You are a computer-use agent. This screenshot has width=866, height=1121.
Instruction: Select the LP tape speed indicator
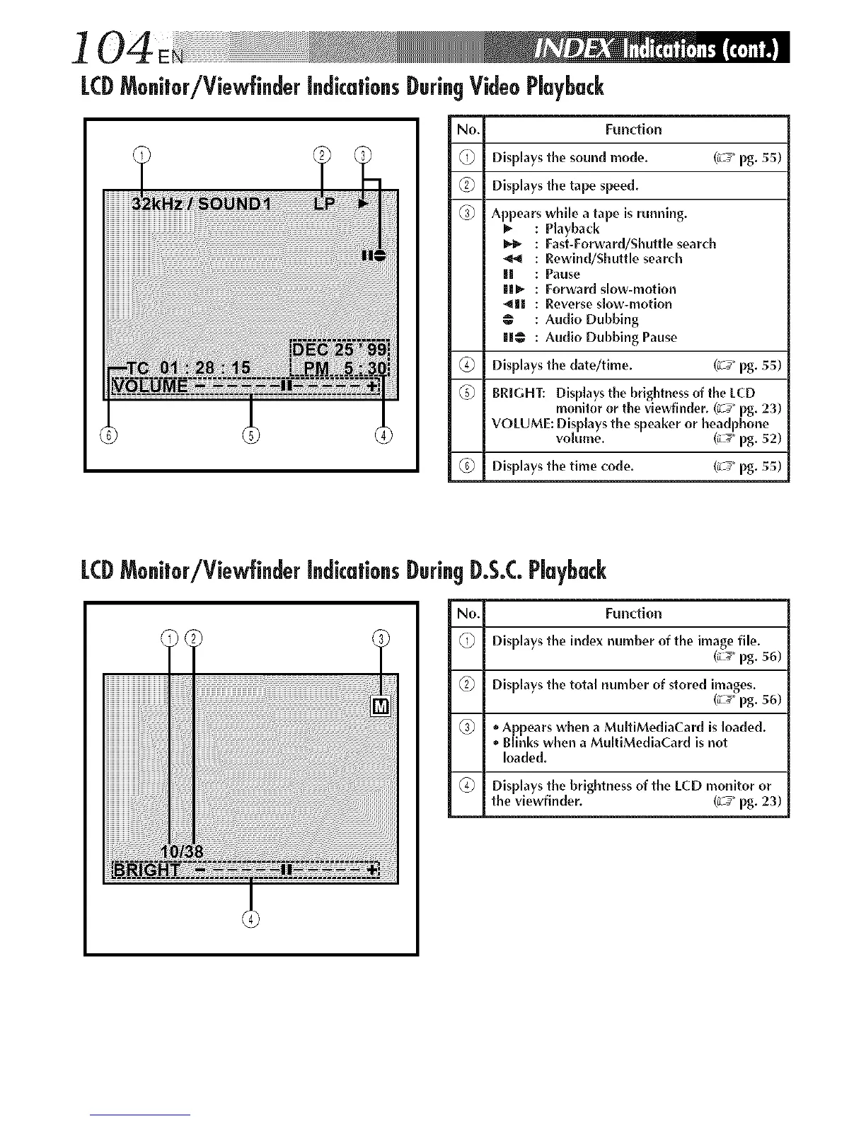click(x=325, y=205)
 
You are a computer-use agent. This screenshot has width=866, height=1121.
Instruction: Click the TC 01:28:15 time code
click(x=187, y=368)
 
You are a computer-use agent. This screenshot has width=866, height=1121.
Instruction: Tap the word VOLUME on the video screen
click(x=151, y=386)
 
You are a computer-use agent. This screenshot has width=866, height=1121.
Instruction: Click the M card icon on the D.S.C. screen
click(x=381, y=706)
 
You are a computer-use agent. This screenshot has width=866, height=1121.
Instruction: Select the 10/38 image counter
click(x=183, y=851)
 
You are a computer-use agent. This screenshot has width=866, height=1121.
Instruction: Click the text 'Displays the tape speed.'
click(x=565, y=185)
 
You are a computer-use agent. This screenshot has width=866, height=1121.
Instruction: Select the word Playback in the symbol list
click(x=572, y=229)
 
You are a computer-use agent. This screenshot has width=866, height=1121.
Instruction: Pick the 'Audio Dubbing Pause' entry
click(x=611, y=337)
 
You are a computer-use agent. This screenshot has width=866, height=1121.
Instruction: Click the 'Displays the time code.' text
click(x=562, y=466)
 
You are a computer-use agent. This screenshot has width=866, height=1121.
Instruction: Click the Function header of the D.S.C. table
click(x=633, y=613)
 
